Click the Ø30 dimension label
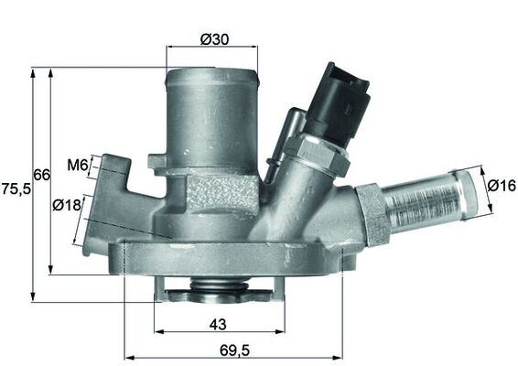click(x=213, y=38)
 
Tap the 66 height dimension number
click(x=41, y=174)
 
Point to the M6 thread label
click(x=77, y=166)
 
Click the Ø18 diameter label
click(x=68, y=205)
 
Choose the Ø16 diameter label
click(x=502, y=187)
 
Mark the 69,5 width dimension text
click(x=233, y=348)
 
